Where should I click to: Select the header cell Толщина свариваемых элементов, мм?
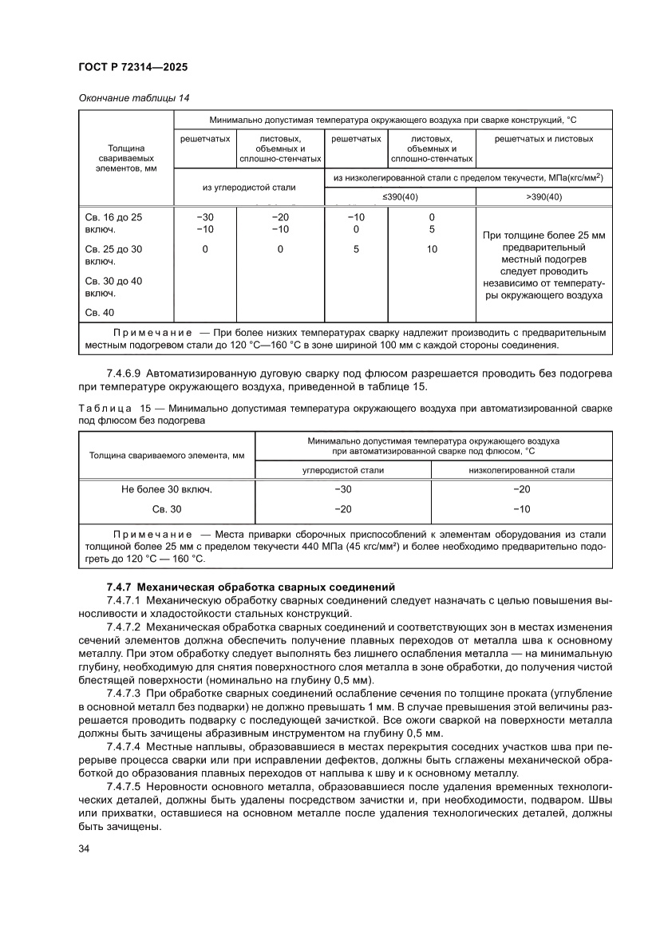(125, 158)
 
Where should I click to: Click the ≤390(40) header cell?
(399, 197)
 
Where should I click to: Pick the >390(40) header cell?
(543, 197)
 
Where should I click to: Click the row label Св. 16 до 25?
(113, 216)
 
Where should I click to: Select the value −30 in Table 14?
(205, 216)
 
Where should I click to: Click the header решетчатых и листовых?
(543, 139)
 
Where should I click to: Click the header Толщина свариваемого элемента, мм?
(166, 456)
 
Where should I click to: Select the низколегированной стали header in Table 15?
(521, 470)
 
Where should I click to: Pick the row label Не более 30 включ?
(166, 489)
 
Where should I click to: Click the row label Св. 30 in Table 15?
(166, 508)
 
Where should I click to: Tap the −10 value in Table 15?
(521, 508)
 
